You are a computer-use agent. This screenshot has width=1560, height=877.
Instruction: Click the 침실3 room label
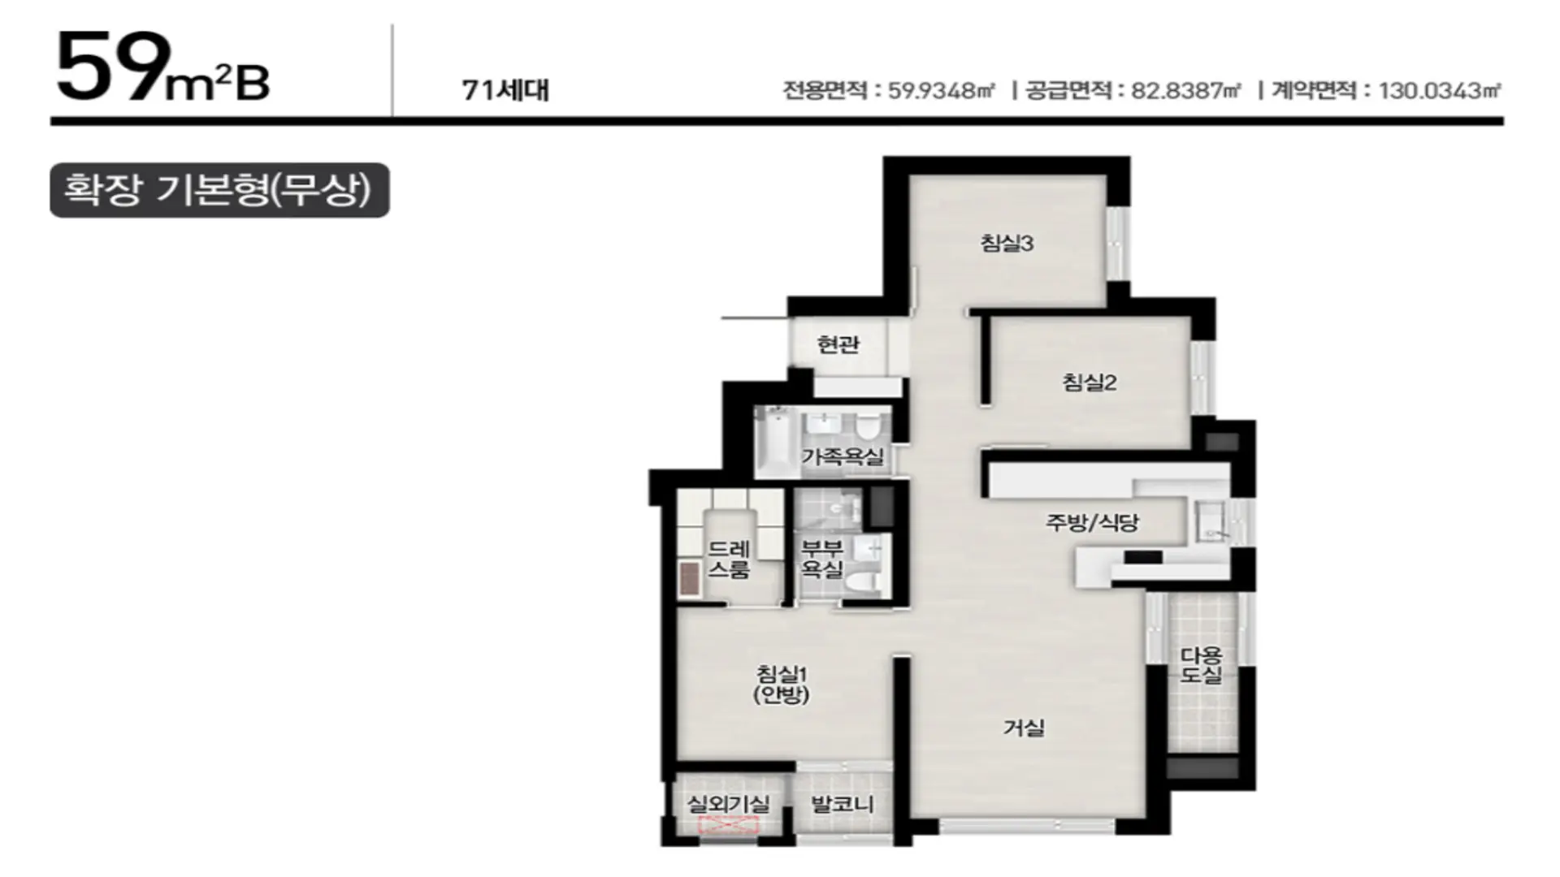1007,243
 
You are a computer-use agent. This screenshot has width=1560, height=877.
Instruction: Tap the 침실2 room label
1090,382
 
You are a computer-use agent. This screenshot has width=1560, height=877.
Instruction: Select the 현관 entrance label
838,344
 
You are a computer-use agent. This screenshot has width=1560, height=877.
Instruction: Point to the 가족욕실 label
843,456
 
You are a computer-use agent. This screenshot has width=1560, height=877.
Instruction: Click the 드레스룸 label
728,559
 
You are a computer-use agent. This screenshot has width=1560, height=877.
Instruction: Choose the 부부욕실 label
822,559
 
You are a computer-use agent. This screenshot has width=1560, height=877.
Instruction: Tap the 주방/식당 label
1092,522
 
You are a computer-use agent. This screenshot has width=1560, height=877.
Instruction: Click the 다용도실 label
1201,664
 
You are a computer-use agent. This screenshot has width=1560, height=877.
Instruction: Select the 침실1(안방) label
782,684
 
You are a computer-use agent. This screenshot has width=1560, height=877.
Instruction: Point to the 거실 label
1024,728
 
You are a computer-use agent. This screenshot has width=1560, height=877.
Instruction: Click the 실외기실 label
728,804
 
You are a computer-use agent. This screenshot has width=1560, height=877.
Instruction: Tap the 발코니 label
843,804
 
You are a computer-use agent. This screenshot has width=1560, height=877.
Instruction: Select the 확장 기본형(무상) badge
219,191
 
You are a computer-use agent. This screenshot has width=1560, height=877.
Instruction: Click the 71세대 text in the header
505,90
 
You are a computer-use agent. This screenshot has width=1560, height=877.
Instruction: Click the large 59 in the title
114,67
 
